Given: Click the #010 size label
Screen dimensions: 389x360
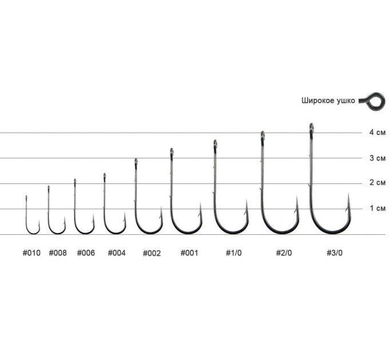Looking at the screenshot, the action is [x=31, y=253].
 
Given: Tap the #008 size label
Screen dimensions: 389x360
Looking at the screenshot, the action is [x=58, y=253].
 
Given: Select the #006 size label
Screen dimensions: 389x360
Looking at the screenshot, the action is [x=86, y=253].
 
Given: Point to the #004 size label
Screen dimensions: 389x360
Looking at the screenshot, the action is [x=117, y=253].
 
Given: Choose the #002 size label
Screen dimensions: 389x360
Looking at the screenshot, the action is [x=152, y=254].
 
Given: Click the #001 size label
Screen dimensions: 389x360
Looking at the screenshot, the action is [x=189, y=253].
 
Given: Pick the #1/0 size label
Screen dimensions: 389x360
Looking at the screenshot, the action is [x=233, y=253].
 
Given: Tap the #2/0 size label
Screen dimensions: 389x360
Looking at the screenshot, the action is [x=284, y=253].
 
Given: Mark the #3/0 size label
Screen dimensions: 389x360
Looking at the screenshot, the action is [x=335, y=253].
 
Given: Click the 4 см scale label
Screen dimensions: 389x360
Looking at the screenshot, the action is [x=378, y=133].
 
